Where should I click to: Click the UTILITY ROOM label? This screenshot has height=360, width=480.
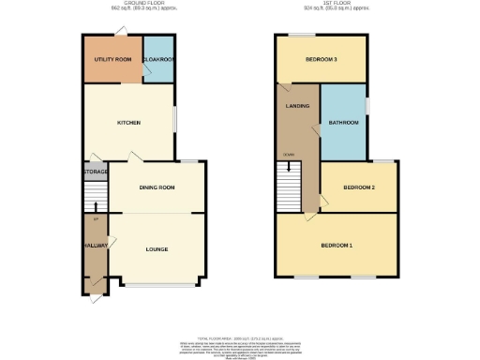(111, 59)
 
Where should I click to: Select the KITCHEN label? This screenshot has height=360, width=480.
(128, 123)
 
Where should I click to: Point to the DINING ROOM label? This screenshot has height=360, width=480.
(157, 187)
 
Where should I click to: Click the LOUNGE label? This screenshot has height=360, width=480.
(157, 249)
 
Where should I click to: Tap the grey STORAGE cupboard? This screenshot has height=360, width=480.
(96, 172)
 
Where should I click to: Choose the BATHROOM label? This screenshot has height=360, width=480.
(342, 123)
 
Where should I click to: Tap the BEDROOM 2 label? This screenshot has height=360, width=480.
(358, 187)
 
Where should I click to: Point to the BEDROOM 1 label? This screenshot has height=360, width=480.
(337, 246)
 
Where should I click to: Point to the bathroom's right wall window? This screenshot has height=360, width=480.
(367, 106)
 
